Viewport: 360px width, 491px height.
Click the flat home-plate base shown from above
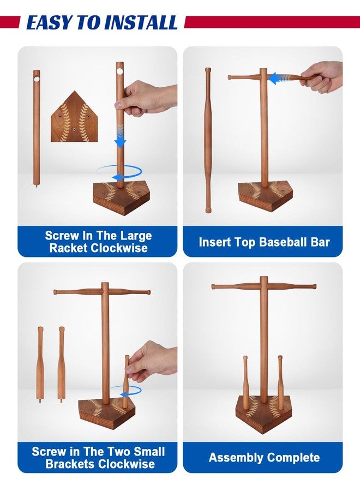pos(74,117)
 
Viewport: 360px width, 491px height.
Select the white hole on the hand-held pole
pos(120,71)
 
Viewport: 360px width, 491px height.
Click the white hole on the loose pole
pos(37,78)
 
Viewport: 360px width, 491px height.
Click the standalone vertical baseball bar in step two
pos(208,140)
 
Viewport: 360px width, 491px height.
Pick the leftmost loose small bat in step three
pos(40,365)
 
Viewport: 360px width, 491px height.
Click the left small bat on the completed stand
pos(245,382)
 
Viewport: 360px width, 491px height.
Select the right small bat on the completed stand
pos(280,382)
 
